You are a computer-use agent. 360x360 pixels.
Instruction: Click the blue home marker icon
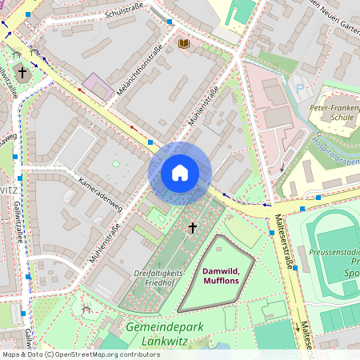[180, 173]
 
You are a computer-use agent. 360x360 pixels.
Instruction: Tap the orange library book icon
[184, 42]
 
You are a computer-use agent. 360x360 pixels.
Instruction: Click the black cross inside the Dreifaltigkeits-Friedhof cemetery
[192, 228]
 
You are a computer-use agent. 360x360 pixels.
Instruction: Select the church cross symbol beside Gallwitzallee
[22, 73]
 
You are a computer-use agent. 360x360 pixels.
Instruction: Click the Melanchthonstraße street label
[140, 73]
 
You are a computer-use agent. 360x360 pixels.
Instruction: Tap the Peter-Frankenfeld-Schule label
[334, 110]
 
